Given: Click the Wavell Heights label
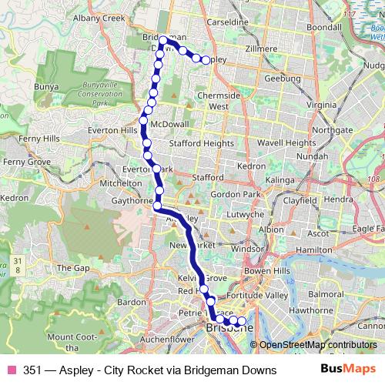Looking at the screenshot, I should [281, 142].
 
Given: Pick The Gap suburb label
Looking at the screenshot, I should [73, 267].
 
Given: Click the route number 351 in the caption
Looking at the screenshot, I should [32, 370].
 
